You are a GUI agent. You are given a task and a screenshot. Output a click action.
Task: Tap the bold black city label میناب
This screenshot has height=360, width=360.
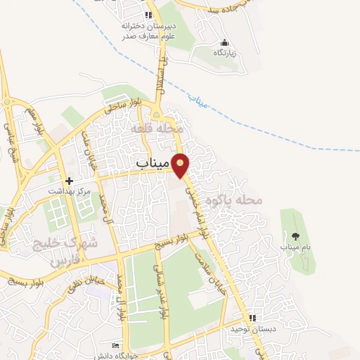coord(152,165)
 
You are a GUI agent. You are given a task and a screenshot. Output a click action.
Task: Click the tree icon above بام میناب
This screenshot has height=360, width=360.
coord(294,236)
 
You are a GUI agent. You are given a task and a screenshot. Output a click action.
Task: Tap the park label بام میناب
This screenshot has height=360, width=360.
coord(294,247)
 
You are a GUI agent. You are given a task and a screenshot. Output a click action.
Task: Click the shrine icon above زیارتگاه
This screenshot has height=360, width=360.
coord(224,42)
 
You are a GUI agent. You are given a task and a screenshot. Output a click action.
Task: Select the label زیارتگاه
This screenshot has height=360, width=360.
coord(224,53)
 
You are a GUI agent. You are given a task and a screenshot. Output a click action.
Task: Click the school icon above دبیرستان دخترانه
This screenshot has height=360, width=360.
coord(148,15)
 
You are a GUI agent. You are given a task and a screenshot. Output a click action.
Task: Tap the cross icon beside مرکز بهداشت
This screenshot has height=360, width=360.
coord(68,181)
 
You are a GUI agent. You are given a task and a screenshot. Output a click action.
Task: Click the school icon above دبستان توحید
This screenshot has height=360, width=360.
coord(252,318)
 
